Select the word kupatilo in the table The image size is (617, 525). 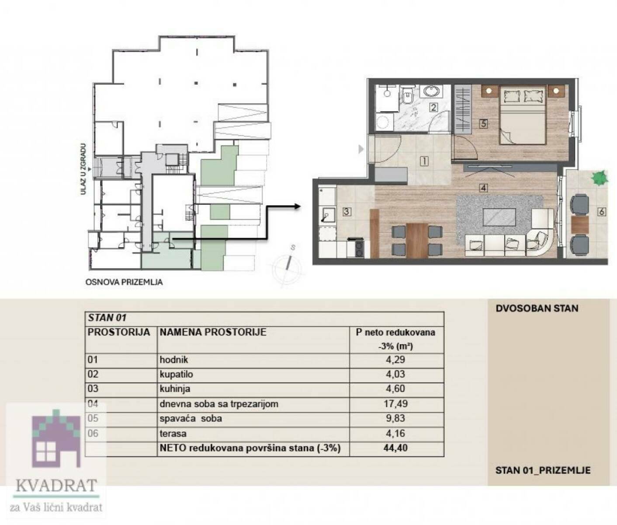176,374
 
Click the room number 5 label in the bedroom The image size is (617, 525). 484,123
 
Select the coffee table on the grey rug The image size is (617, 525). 499,217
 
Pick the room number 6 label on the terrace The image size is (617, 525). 602,212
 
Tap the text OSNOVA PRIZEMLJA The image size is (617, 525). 124,282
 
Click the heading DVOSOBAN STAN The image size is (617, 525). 537,308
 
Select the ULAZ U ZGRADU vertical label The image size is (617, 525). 83,169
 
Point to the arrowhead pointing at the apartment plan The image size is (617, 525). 297,206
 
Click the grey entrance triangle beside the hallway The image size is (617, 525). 361,149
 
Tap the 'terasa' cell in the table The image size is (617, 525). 173,433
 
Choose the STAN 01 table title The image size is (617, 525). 107,318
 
